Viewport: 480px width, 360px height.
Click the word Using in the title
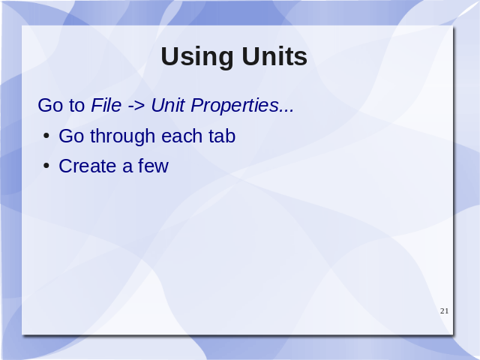click(196, 58)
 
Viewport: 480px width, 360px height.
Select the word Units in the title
click(274, 56)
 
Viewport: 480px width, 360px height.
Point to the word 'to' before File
click(76, 106)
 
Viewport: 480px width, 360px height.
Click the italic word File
click(106, 105)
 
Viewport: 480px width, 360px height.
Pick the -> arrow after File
click(136, 106)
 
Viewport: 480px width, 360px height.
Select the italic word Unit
click(168, 105)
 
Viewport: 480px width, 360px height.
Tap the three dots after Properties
click(286, 110)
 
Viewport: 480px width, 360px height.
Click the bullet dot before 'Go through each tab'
click(46, 136)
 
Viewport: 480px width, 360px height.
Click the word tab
click(222, 136)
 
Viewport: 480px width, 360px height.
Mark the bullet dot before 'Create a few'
click(46, 166)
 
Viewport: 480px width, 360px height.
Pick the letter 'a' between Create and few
click(127, 168)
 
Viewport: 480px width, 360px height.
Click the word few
click(153, 166)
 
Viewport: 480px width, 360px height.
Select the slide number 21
click(444, 311)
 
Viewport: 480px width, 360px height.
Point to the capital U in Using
click(170, 56)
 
